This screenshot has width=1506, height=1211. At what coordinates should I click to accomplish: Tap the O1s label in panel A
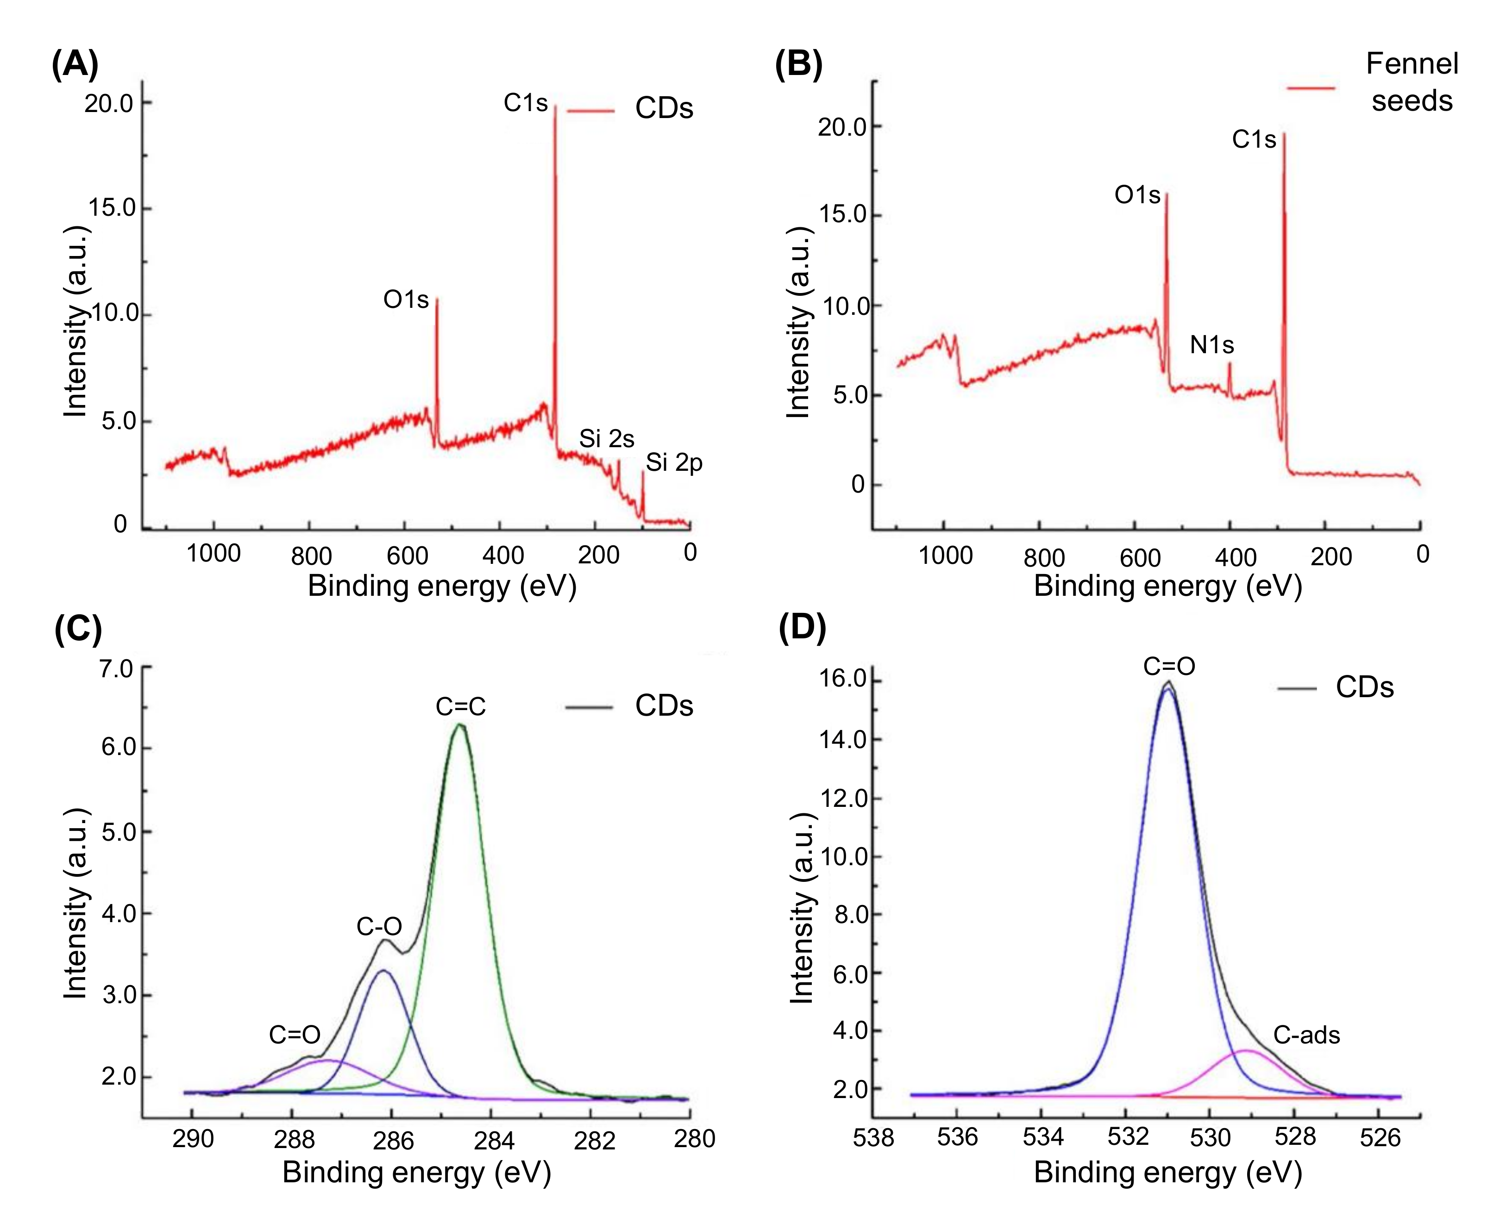(406, 300)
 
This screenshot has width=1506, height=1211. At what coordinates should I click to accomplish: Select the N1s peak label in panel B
(1212, 345)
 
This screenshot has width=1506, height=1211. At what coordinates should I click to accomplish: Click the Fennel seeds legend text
(1412, 82)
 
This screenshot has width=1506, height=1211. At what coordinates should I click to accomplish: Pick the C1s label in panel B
(1254, 140)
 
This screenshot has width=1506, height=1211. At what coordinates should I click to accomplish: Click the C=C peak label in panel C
(460, 707)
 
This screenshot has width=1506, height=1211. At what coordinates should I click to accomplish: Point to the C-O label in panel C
(379, 927)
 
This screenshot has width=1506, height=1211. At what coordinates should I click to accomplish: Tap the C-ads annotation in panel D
(1306, 1035)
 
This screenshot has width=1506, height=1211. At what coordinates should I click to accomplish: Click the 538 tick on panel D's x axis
(873, 1138)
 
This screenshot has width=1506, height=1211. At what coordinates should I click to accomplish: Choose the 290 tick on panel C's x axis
(193, 1139)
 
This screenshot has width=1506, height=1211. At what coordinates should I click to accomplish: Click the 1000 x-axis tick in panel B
(945, 556)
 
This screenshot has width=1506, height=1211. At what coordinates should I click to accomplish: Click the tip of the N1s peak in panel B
(1230, 363)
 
